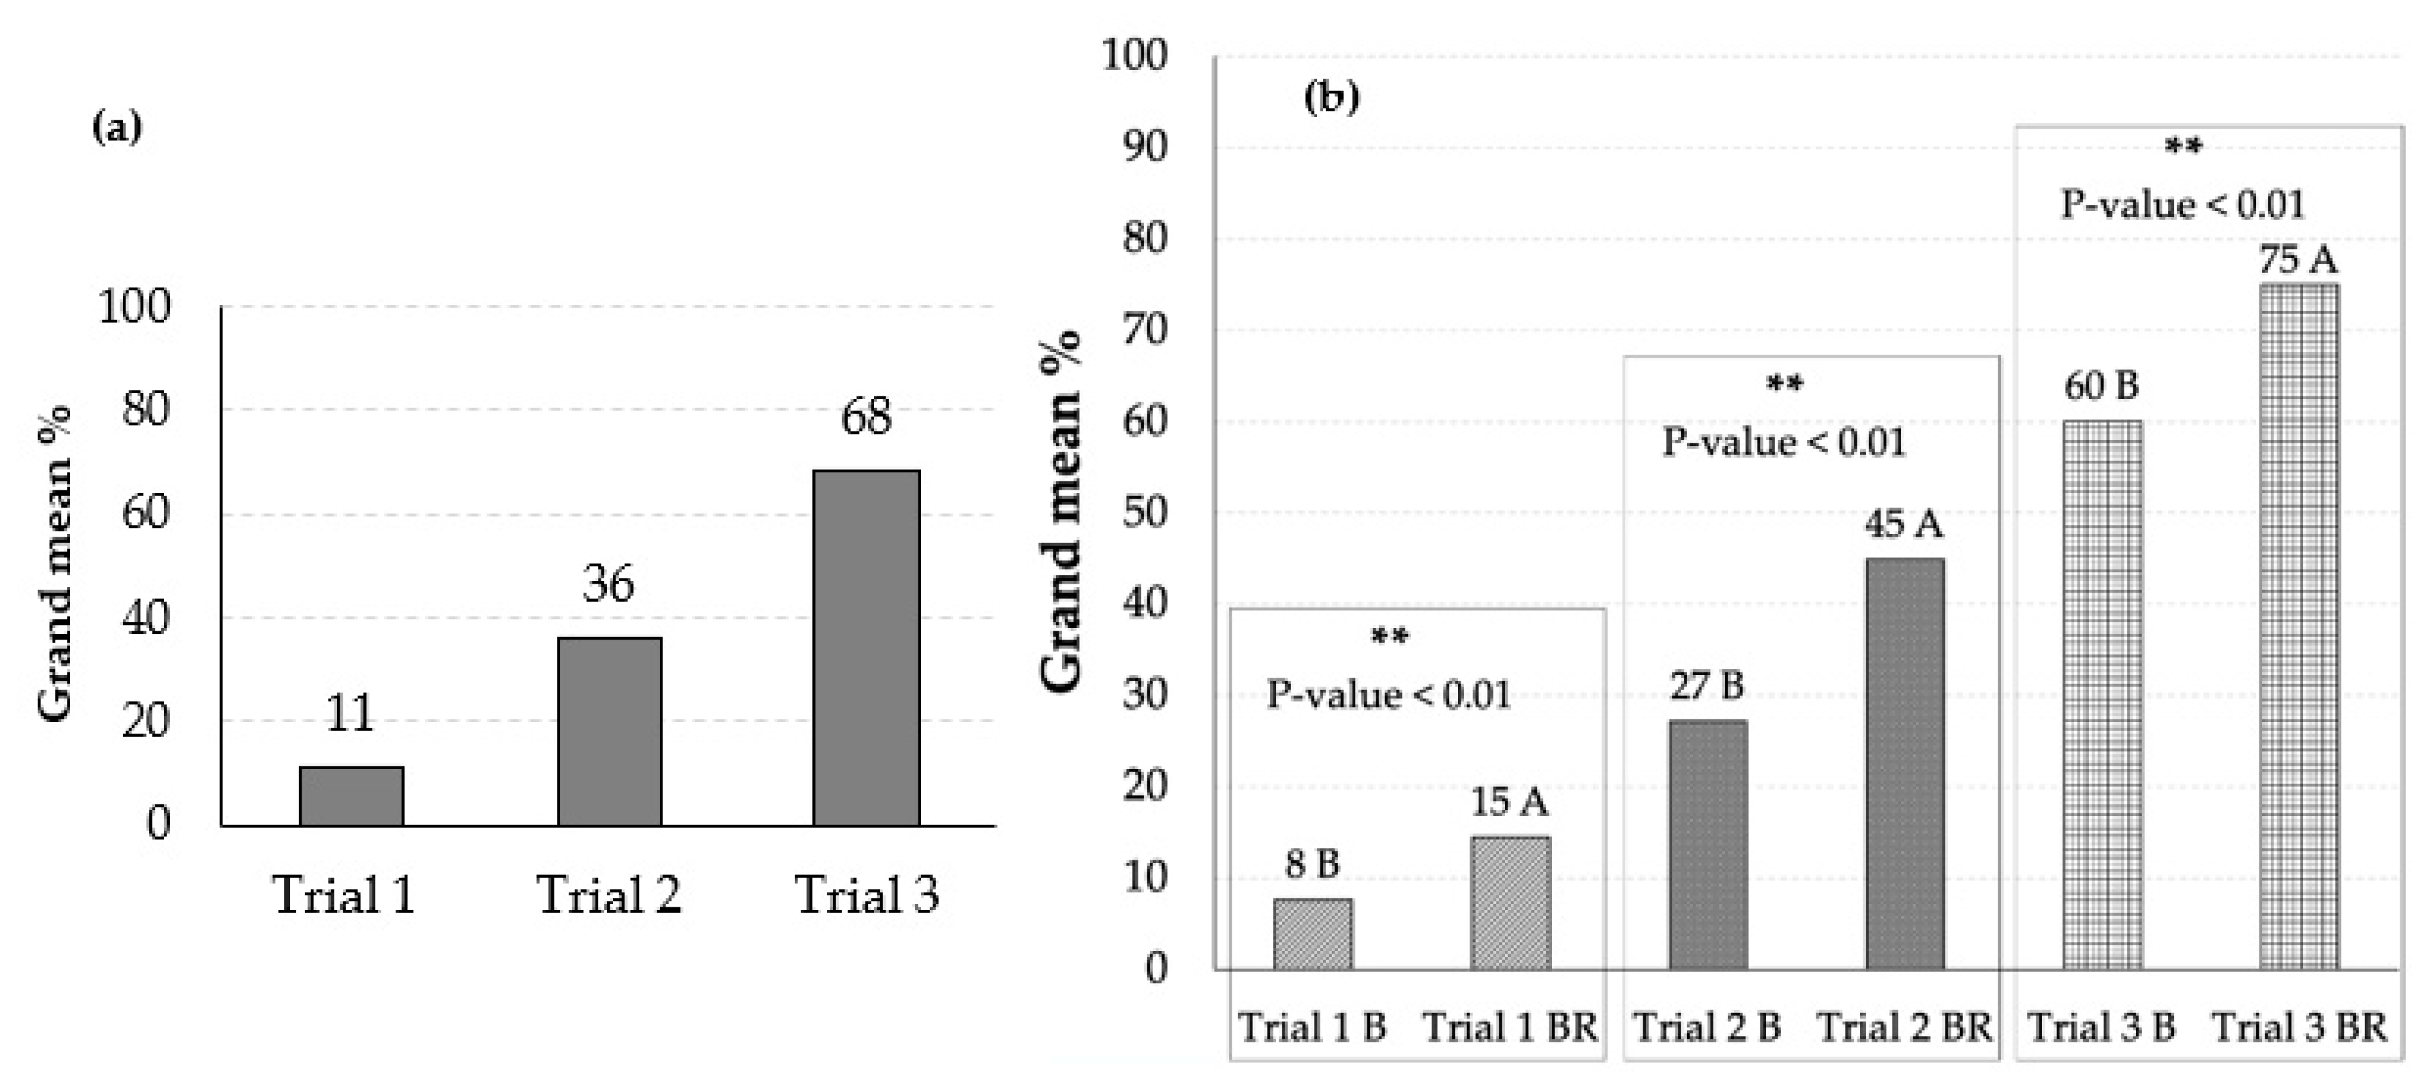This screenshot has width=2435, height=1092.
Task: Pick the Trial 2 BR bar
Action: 1904,763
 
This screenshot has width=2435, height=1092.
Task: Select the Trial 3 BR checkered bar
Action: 2299,626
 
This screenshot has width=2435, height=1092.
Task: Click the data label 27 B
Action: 1706,685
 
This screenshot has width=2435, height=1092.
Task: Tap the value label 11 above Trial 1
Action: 350,714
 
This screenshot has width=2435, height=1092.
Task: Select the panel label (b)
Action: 1331,97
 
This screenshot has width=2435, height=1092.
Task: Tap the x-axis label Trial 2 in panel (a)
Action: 608,894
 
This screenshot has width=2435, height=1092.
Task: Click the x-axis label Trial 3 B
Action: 2101,1028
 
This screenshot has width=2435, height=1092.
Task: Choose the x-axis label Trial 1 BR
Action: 1509,1028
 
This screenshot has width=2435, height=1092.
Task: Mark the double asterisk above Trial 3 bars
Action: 2183,147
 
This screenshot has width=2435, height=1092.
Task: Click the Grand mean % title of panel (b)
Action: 1061,510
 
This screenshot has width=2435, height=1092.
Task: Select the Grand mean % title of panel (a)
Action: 55,564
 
